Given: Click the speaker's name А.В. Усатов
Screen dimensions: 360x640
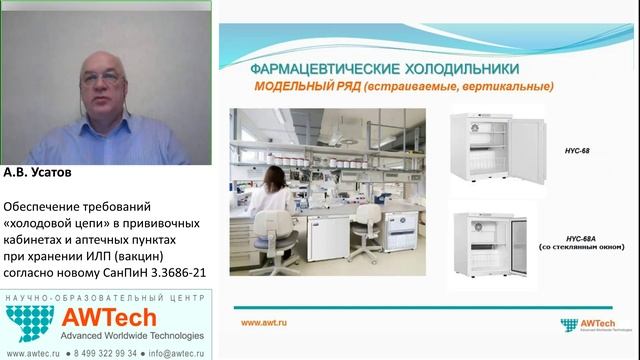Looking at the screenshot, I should coord(41,173).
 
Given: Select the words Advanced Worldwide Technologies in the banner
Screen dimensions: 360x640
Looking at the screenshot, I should coord(132,335).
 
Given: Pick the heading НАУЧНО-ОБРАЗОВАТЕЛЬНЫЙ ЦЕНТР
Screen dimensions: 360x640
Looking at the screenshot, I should coord(105,297).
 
